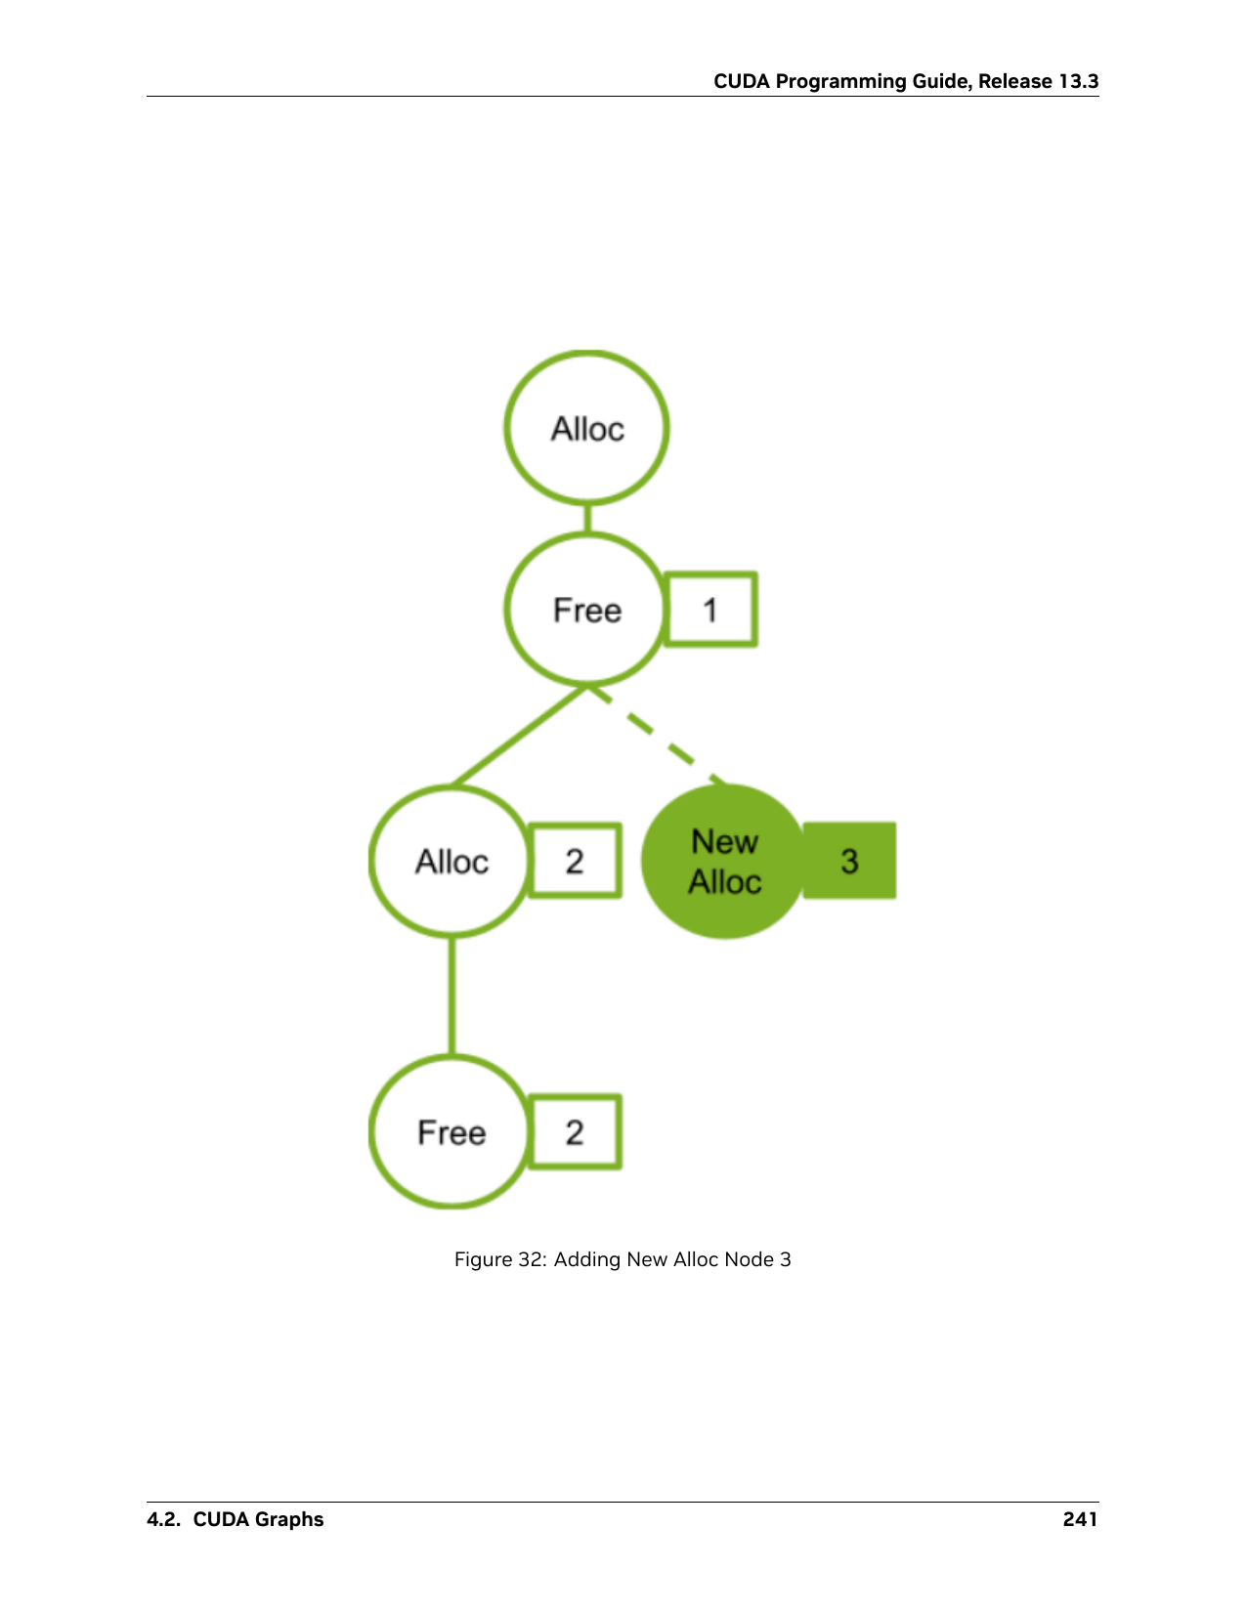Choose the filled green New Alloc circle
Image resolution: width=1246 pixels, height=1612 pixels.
tap(724, 861)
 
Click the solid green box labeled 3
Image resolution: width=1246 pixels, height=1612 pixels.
tap(849, 861)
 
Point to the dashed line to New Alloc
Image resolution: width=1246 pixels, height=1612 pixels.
tap(656, 735)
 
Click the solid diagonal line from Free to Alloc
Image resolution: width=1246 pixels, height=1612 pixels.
tap(520, 735)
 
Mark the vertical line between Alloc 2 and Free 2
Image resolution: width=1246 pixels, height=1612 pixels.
tap(451, 996)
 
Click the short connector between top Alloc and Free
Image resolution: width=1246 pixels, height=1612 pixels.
tap(587, 520)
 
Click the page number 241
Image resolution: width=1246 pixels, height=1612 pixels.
tap(1081, 1519)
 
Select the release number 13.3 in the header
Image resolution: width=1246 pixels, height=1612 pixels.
tap(1078, 82)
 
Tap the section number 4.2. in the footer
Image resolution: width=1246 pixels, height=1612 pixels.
tap(163, 1519)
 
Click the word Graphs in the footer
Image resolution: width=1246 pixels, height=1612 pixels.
tap(289, 1520)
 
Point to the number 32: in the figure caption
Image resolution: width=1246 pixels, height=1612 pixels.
tap(531, 1259)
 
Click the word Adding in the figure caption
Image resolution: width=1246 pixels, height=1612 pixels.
tap(587, 1260)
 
